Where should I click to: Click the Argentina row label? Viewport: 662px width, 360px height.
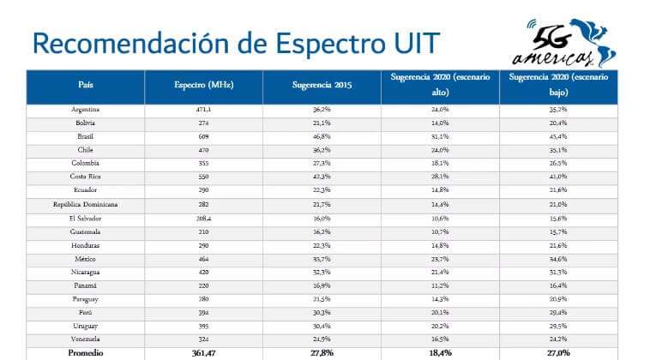tap(86, 110)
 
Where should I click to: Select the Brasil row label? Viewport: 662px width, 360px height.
tap(86, 136)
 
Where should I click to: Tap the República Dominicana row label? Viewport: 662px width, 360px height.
tap(86, 204)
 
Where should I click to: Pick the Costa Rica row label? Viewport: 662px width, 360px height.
tap(86, 177)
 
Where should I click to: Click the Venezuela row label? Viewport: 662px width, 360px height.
tap(86, 339)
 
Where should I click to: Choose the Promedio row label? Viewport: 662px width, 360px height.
tap(86, 352)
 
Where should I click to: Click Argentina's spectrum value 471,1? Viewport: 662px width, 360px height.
tap(204, 110)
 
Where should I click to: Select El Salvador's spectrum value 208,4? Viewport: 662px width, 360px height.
tap(204, 218)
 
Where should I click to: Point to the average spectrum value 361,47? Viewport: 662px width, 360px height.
tap(204, 352)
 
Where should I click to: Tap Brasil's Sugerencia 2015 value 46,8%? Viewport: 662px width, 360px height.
tap(322, 136)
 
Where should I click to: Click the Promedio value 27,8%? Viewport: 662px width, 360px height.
tap(322, 352)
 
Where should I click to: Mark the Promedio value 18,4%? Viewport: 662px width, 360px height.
tap(440, 352)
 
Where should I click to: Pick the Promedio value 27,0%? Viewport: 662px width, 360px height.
tap(558, 352)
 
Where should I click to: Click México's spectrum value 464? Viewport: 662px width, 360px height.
tap(204, 258)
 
